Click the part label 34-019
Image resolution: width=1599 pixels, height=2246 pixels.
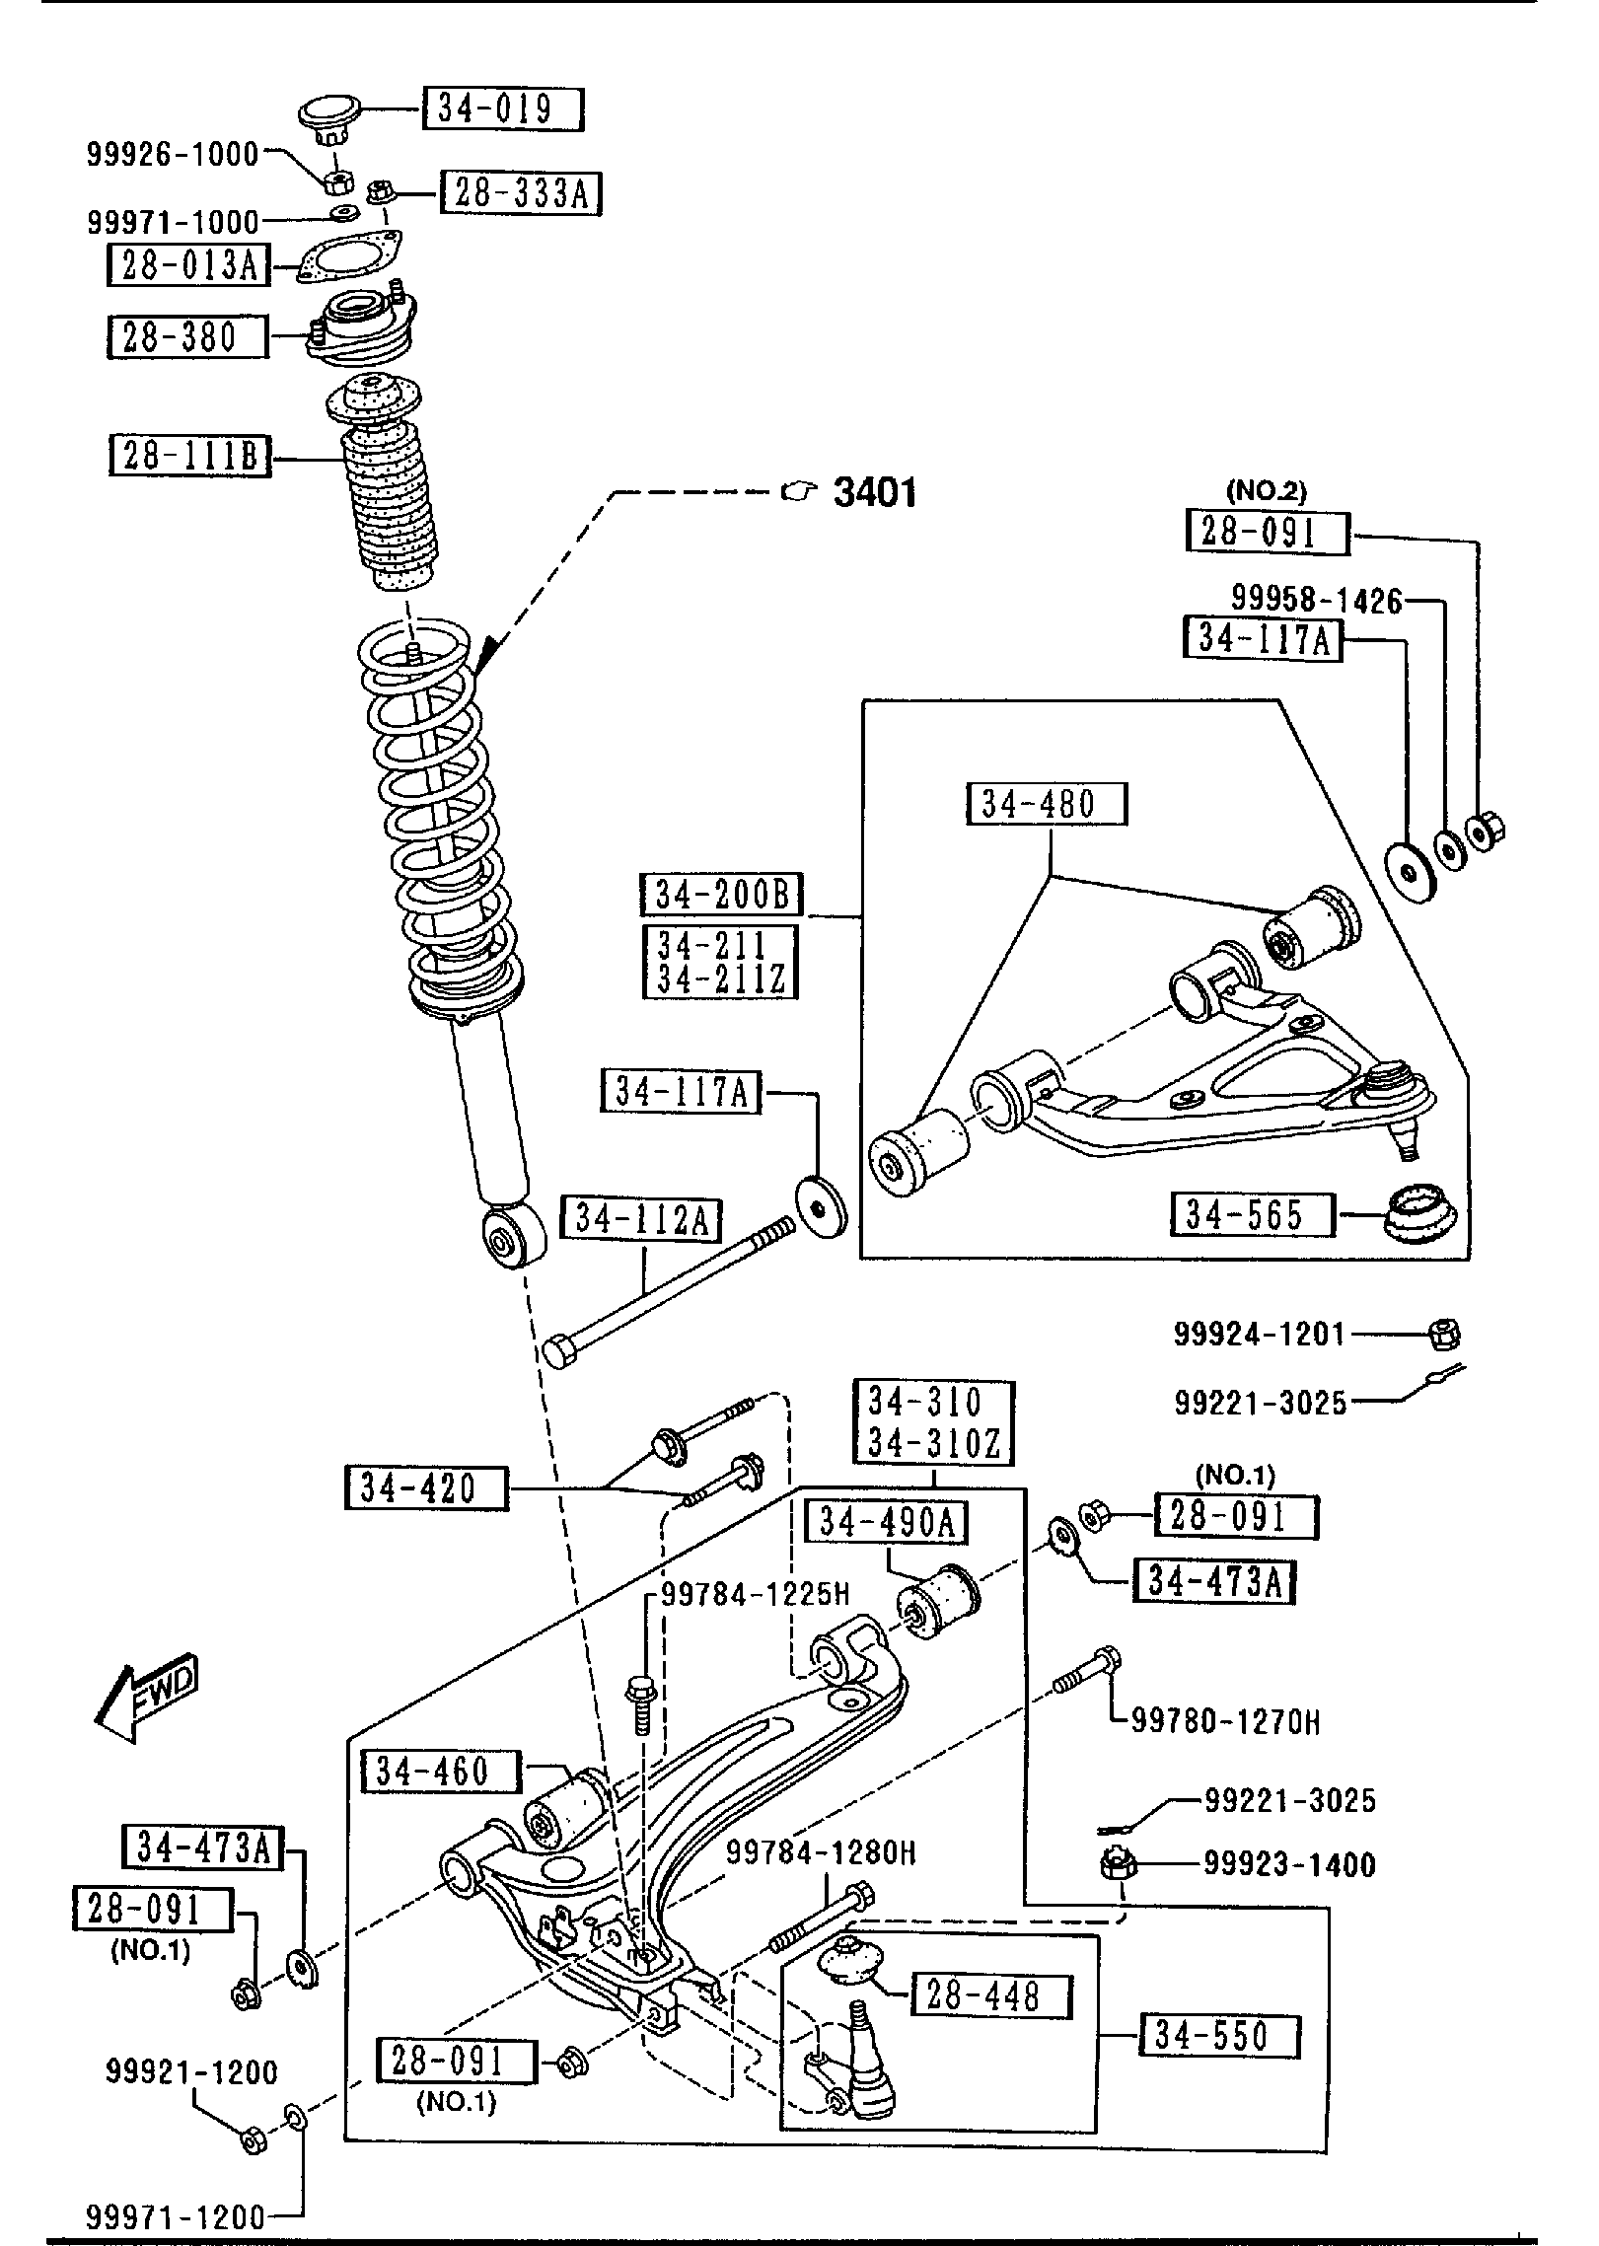[503, 109]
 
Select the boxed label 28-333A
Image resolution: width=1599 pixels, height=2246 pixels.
[521, 193]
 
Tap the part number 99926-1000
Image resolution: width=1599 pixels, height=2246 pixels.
[173, 154]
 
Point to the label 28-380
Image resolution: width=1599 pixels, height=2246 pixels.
[187, 337]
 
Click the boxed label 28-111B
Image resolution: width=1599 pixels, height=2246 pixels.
[189, 457]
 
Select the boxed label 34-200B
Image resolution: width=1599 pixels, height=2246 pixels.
[721, 895]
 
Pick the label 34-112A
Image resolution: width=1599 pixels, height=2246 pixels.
[641, 1220]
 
